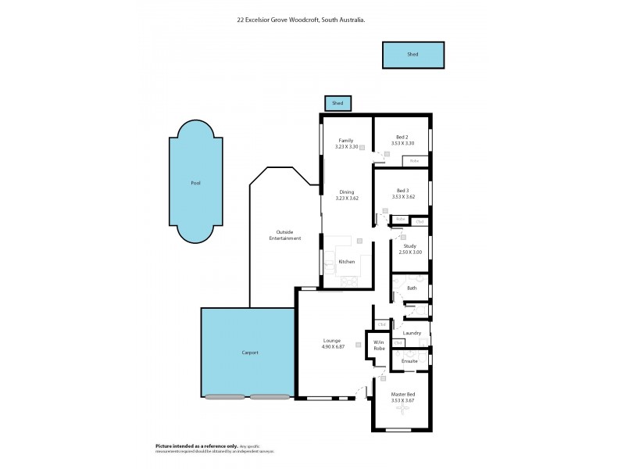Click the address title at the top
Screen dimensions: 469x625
(x=312, y=22)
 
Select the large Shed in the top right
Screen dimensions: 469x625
(x=412, y=55)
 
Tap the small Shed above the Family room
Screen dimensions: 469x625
(x=337, y=103)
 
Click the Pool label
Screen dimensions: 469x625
(x=195, y=183)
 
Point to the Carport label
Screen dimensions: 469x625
(x=248, y=353)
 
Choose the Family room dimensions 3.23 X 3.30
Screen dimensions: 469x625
(x=346, y=147)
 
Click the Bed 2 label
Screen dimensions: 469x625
(x=402, y=137)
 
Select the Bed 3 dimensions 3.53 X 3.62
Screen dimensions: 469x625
(x=402, y=196)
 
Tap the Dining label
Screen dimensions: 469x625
(x=346, y=192)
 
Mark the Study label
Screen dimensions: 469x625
(x=409, y=246)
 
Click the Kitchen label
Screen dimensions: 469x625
(x=346, y=261)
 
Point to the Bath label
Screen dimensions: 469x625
(x=412, y=288)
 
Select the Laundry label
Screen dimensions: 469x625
(x=412, y=333)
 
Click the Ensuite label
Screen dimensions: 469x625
(x=409, y=361)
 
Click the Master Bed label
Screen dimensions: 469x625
(x=402, y=394)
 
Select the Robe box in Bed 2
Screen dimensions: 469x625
(x=414, y=161)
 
